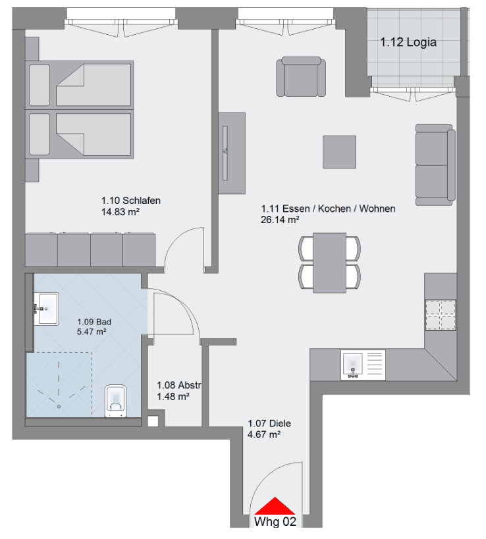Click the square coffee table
[x=339, y=152]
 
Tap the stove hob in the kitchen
[x=441, y=315]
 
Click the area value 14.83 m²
[x=119, y=212]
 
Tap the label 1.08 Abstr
[x=178, y=386]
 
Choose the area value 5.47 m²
[x=92, y=332]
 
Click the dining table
[x=329, y=263]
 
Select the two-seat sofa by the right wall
[x=435, y=164]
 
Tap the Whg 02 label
[x=275, y=522]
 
